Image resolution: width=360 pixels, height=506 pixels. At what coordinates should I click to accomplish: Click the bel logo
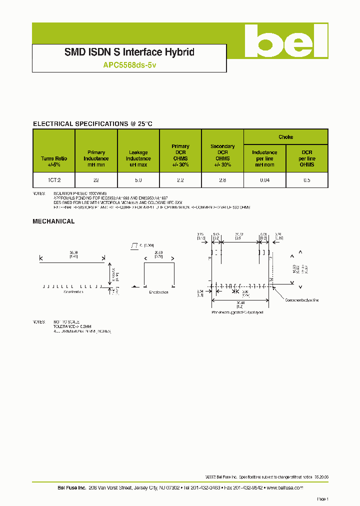[286, 41]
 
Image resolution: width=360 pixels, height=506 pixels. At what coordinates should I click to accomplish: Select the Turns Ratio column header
[53, 161]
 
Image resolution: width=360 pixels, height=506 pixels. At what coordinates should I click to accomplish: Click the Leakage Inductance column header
[138, 158]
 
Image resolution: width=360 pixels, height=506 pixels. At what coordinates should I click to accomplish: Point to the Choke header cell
[285, 137]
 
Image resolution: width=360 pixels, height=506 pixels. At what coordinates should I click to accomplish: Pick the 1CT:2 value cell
[53, 180]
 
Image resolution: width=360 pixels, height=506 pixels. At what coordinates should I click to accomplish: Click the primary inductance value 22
[96, 180]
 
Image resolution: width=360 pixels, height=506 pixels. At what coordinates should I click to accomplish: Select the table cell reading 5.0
[138, 180]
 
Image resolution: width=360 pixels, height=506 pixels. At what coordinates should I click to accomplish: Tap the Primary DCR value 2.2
[180, 180]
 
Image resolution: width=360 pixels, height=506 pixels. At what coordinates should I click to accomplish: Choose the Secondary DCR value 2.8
[222, 180]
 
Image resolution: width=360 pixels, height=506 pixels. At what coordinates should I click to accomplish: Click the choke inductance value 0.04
[264, 180]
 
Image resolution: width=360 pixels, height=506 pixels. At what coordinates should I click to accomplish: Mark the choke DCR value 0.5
[307, 180]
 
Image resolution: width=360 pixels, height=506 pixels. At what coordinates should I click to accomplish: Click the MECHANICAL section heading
[53, 221]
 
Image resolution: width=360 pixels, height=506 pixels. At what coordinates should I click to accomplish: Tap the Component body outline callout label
[301, 300]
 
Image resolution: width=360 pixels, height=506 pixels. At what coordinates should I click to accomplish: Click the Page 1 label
[322, 499]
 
